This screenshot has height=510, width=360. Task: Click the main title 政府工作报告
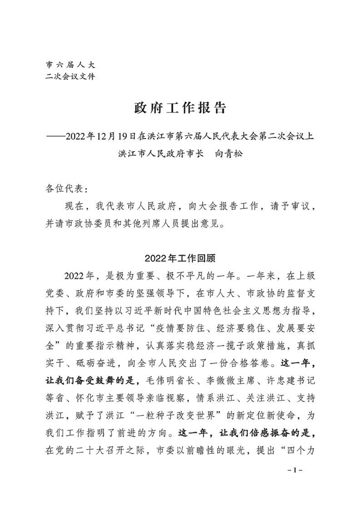[x=180, y=108]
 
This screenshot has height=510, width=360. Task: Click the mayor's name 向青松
[x=229, y=153]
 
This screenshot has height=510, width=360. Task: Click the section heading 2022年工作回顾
[x=180, y=258]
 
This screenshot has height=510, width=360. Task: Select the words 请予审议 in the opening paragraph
[x=278, y=207]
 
